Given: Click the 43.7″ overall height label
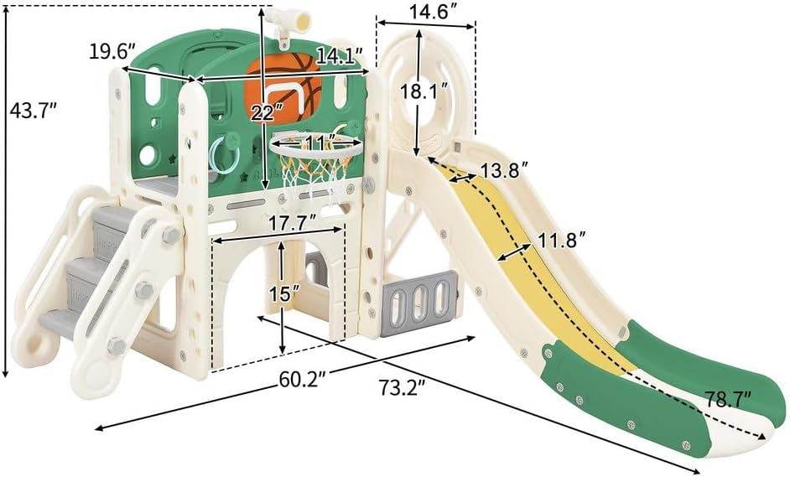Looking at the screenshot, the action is [33, 111].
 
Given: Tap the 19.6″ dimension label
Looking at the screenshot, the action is [112, 51].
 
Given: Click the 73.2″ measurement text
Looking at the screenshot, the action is [403, 387].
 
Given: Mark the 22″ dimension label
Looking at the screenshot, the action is [264, 113].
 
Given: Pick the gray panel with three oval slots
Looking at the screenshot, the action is [419, 303].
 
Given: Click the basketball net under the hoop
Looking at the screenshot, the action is [314, 175].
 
